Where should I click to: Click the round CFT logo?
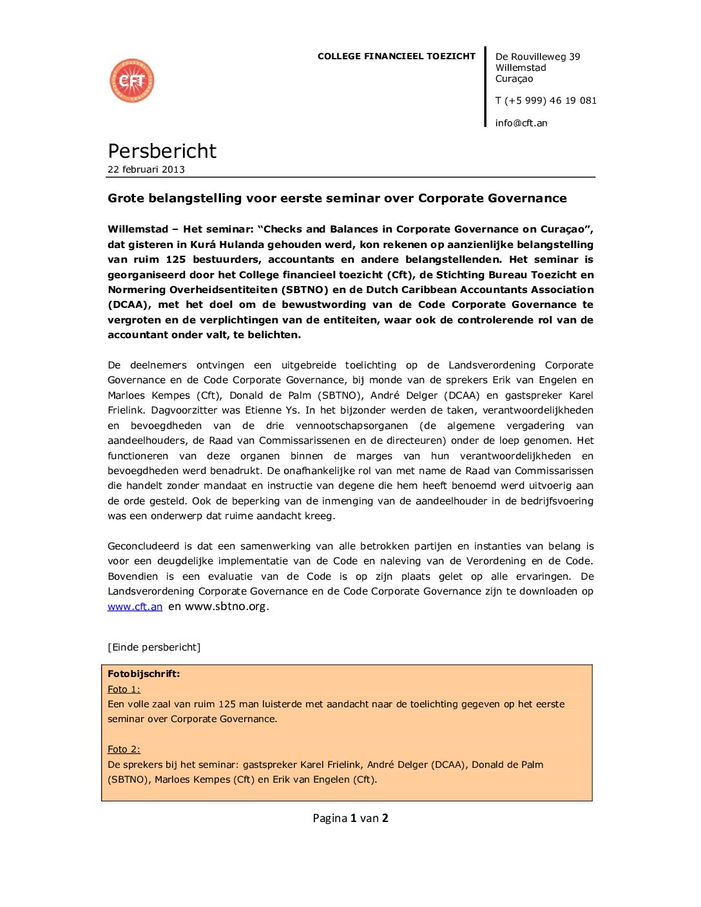(132, 81)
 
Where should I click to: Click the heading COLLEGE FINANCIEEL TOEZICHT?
(396, 56)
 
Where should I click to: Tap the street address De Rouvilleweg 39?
(537, 57)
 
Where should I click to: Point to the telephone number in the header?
(546, 100)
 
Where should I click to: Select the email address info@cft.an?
(521, 123)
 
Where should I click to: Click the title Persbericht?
(162, 151)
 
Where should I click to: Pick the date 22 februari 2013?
(146, 169)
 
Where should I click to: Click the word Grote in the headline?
(126, 198)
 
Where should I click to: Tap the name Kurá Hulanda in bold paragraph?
(224, 245)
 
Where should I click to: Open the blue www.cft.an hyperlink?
(135, 607)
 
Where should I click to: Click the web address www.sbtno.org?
(226, 606)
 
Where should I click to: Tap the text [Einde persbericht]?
(154, 647)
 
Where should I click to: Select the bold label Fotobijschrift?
(144, 674)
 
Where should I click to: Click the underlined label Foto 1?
(124, 689)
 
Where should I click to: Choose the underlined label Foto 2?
(124, 749)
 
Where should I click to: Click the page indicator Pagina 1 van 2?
(350, 818)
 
